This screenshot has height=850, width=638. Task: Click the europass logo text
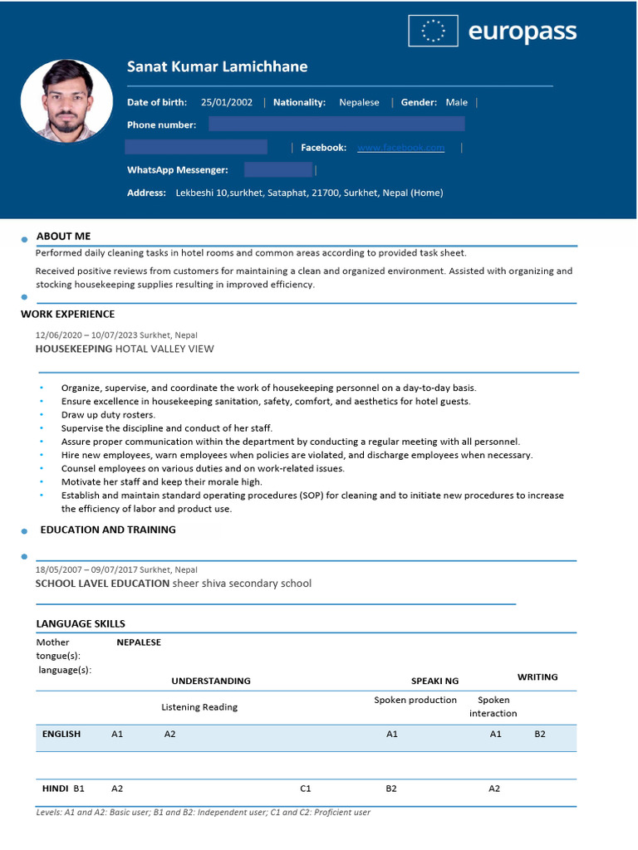point(522,32)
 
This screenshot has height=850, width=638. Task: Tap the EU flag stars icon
point(433,32)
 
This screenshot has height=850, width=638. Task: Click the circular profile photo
point(66,101)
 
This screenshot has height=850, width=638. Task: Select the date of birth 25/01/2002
point(226,103)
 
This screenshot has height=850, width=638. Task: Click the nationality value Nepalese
point(359,103)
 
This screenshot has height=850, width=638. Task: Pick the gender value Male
point(456,103)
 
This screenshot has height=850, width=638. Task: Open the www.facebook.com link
point(400,148)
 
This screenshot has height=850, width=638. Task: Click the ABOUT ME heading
point(63,237)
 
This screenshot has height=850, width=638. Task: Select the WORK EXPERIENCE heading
point(67,315)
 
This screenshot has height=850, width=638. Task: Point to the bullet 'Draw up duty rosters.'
point(108,415)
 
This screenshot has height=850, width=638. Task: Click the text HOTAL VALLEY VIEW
point(164,349)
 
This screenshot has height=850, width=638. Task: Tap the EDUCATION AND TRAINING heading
point(108,530)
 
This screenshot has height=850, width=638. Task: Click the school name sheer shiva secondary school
point(242,584)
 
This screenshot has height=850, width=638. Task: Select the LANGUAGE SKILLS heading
point(81,623)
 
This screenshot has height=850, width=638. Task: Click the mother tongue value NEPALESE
point(139,642)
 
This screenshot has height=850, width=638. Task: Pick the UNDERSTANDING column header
point(211,681)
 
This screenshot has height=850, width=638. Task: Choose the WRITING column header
point(537,677)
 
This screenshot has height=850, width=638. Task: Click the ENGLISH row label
point(61,735)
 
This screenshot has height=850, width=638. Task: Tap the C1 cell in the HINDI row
point(306,789)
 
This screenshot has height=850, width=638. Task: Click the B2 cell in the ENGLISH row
point(540,735)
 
